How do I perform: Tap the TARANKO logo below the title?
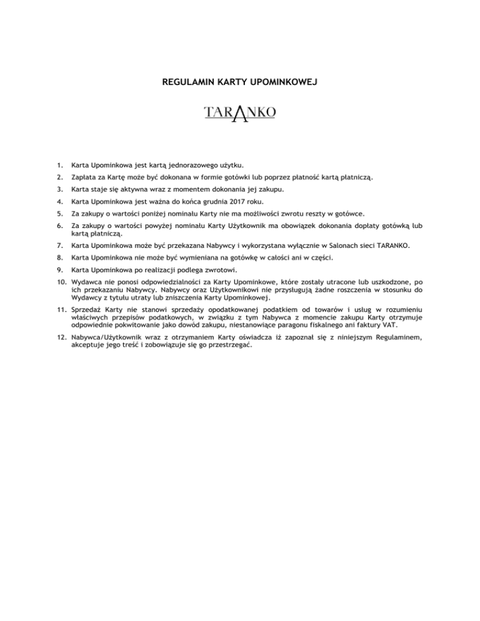coord(240,114)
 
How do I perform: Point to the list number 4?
coord(58,201)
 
